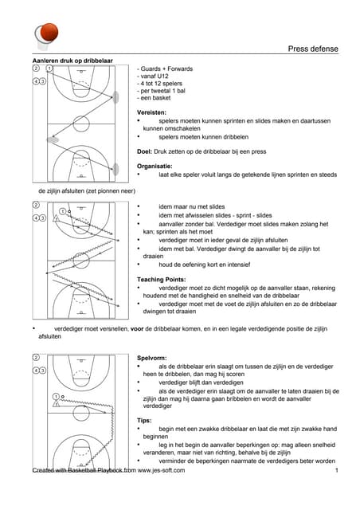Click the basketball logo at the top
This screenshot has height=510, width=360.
tap(46, 35)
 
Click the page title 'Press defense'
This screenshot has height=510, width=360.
tap(313, 49)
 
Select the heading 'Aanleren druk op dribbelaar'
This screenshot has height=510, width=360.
tap(72, 61)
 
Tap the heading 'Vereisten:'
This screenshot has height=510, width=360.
tap(151, 112)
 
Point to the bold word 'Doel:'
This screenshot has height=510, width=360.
tap(144, 151)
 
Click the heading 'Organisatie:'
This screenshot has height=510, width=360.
tap(155, 167)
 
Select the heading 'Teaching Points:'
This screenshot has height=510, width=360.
tap(162, 280)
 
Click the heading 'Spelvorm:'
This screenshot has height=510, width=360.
tap(151, 358)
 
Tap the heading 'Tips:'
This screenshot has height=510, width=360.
tap(144, 421)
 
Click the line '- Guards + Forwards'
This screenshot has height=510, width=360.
tap(165, 69)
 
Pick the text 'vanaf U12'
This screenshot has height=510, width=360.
tap(155, 76)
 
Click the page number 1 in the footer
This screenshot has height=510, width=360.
tap(337, 470)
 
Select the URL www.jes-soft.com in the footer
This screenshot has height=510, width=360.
tap(161, 470)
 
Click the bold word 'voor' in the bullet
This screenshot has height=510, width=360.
tap(137, 329)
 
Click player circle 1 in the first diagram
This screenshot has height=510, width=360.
tap(49, 69)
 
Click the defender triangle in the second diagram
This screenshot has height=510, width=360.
tap(56, 218)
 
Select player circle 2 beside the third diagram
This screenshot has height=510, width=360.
tap(36, 358)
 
